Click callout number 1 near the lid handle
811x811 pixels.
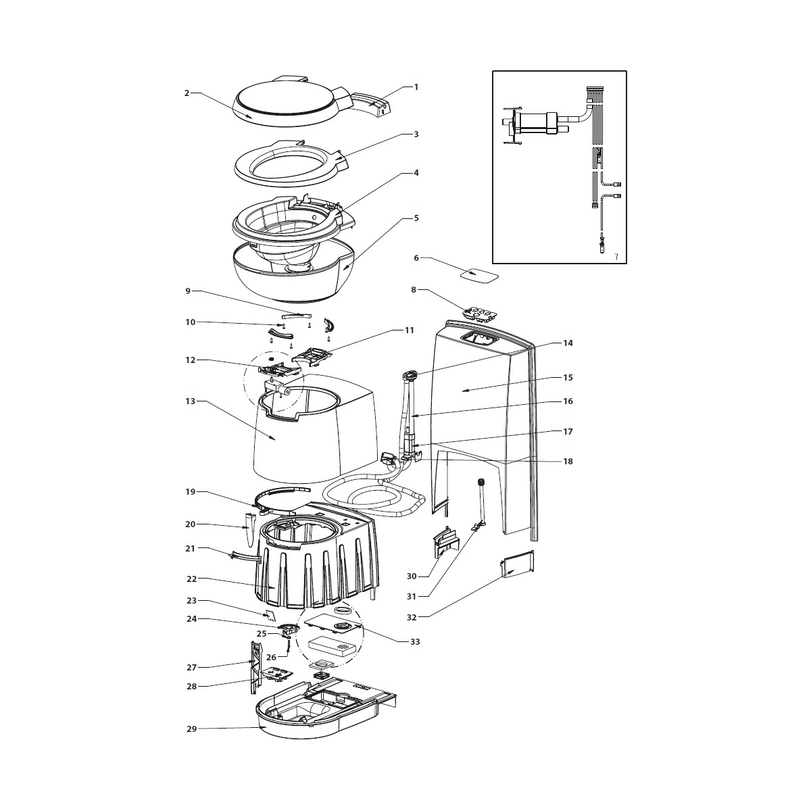point(416,87)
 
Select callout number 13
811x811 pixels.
point(191,401)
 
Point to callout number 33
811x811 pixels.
point(415,642)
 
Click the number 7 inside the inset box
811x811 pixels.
point(616,257)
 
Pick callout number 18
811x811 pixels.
point(568,462)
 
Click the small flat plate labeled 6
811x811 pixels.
point(479,275)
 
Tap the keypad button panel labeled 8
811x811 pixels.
point(479,314)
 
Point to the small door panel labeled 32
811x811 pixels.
point(518,563)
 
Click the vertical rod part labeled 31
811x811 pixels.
point(481,505)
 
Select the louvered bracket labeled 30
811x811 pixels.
point(445,542)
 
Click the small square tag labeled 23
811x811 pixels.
point(270,615)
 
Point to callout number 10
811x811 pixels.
point(191,322)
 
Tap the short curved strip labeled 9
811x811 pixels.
point(297,314)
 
